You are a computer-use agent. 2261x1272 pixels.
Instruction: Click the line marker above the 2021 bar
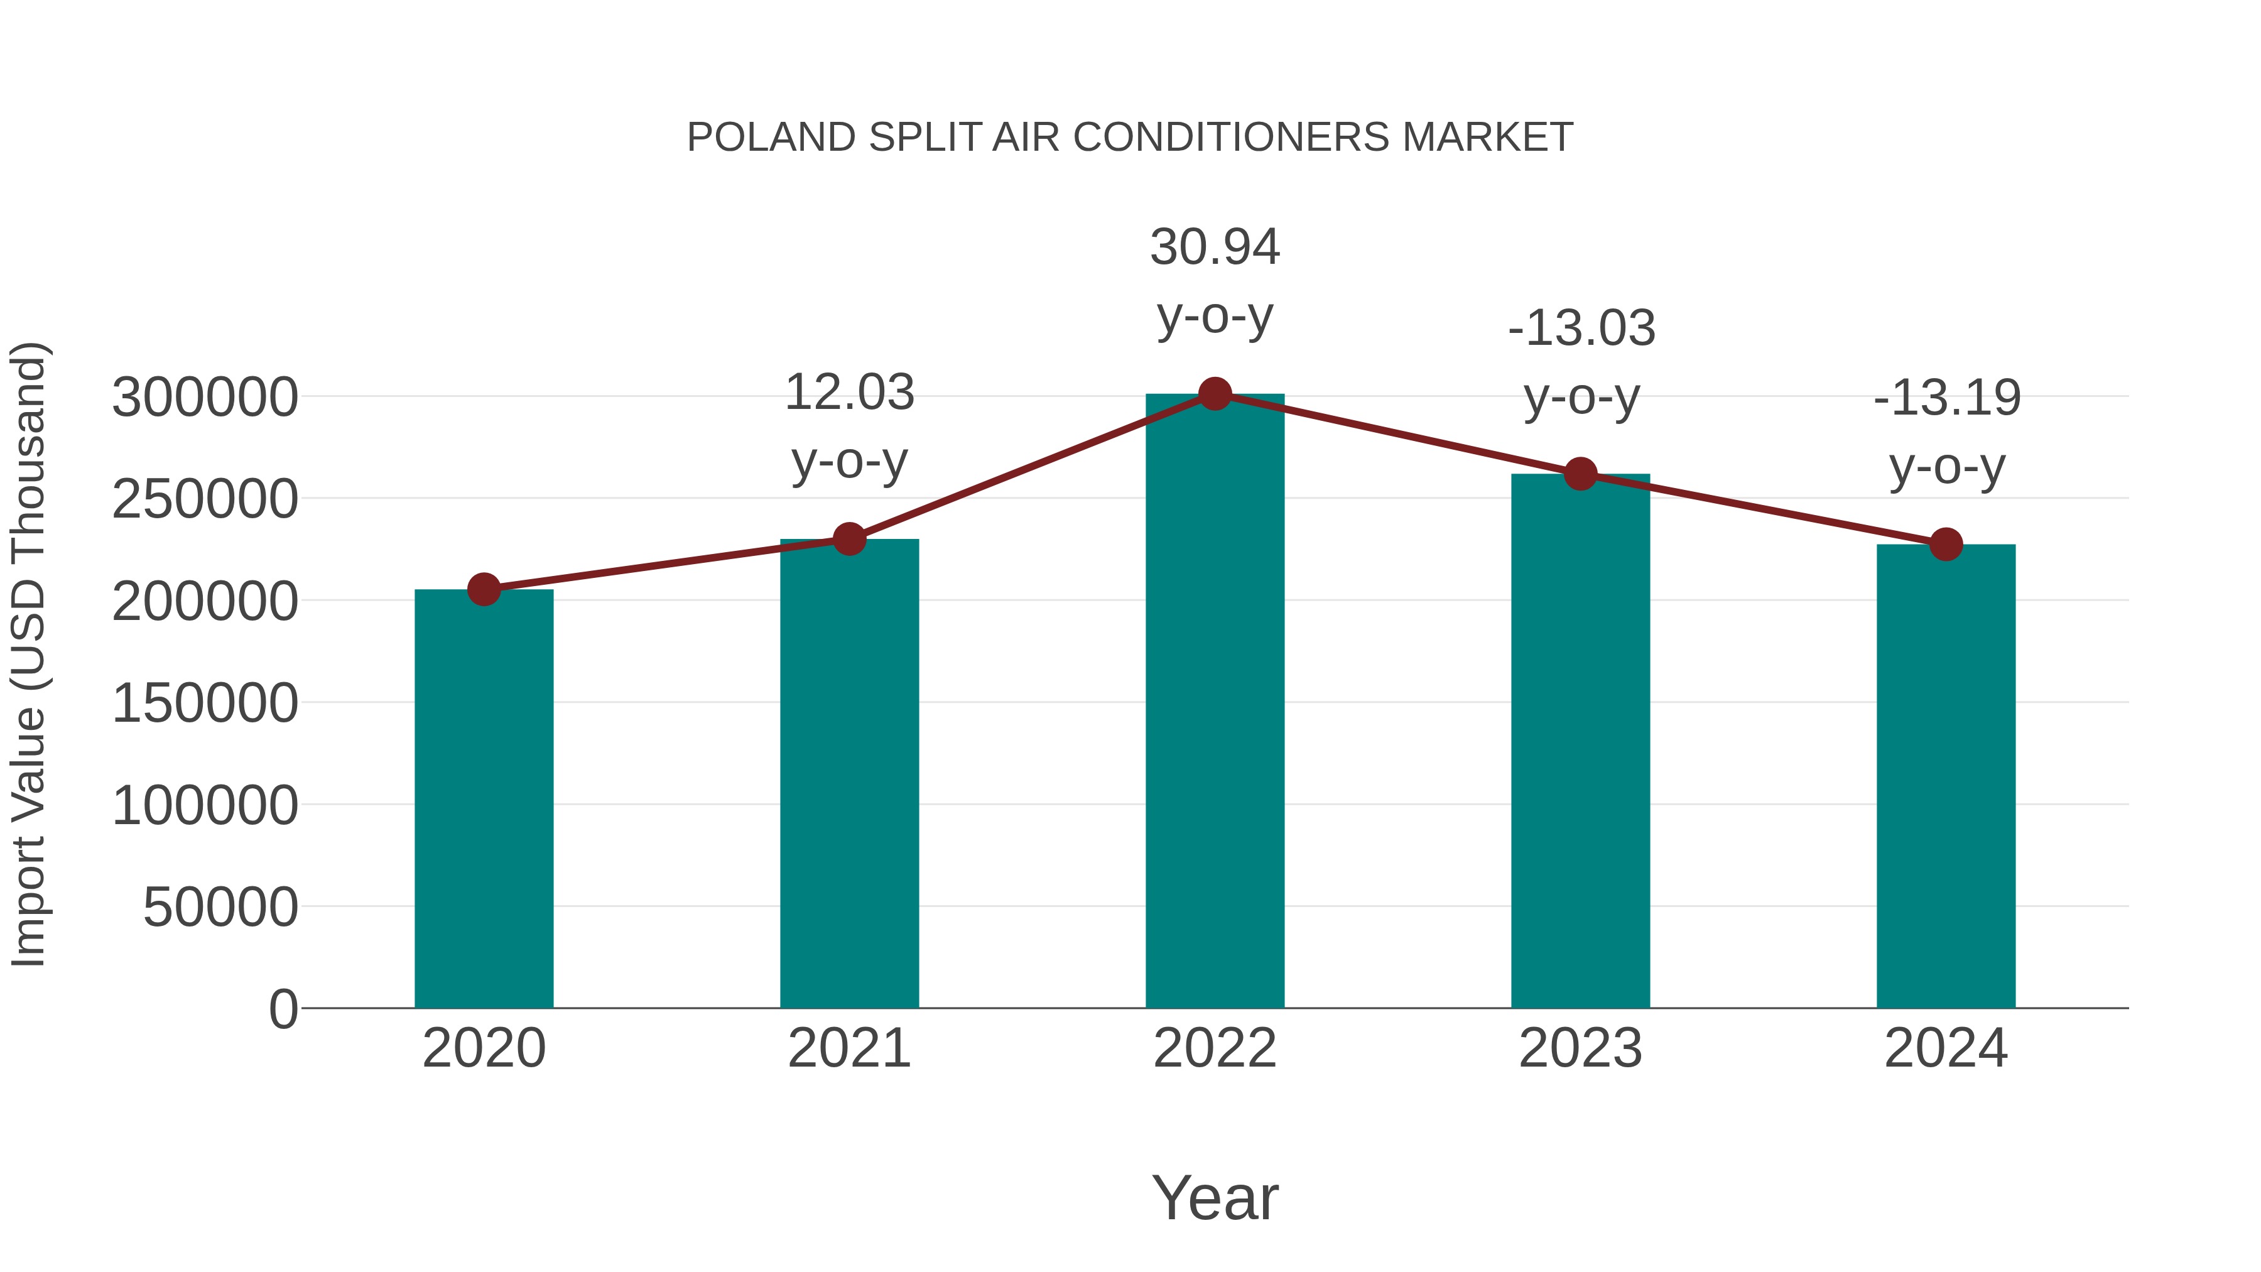coord(850,539)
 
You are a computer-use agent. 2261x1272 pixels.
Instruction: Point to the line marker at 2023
coord(1580,474)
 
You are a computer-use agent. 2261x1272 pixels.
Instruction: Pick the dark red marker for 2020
coord(484,589)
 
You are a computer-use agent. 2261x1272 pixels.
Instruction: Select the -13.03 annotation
coord(1581,329)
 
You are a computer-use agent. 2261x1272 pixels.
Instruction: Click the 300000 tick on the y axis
coord(205,398)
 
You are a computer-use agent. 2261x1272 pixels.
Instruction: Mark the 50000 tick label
coord(220,907)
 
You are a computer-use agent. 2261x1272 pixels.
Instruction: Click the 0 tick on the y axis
coord(283,1009)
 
